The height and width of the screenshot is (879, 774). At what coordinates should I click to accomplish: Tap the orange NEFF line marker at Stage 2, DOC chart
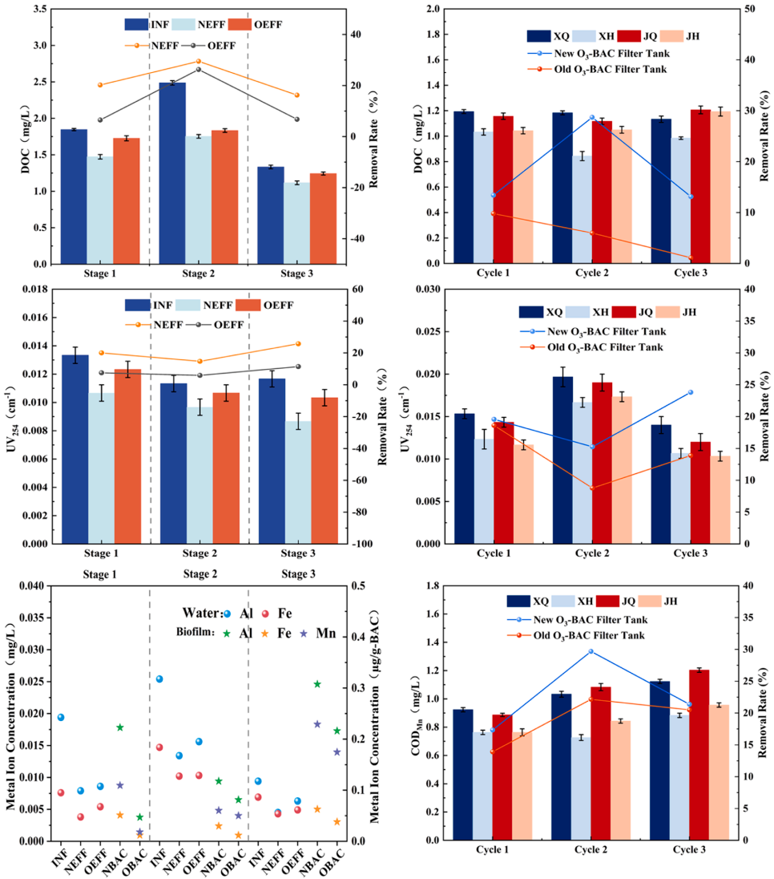[x=199, y=61]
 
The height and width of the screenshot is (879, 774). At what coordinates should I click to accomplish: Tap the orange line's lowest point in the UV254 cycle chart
[x=592, y=488]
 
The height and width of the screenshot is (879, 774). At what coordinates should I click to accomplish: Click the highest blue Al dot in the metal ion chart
[x=159, y=678]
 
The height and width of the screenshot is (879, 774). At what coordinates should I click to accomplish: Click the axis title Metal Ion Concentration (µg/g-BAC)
[x=375, y=712]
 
